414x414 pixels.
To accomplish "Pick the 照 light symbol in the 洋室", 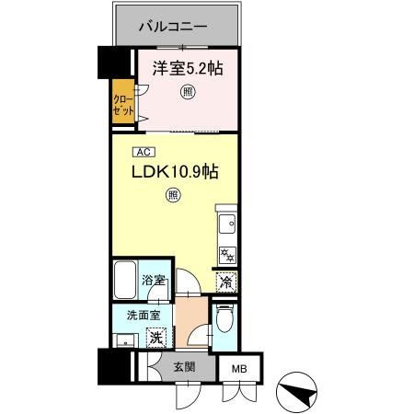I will [188, 90].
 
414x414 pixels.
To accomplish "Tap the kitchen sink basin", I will [227, 222].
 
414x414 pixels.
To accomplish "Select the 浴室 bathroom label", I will [154, 280].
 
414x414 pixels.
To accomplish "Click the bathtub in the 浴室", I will [126, 280].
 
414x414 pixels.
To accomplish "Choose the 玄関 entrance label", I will [185, 366].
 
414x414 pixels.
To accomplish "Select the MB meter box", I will [239, 369].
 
